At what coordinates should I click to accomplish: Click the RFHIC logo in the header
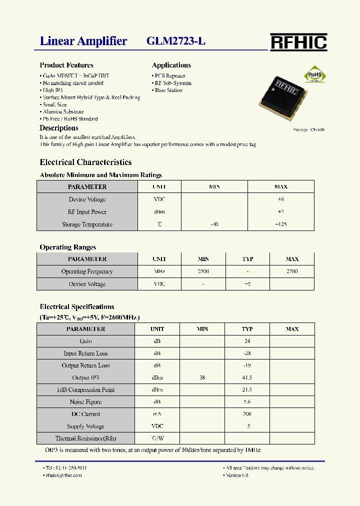pos(298,42)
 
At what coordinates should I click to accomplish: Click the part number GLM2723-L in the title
pos(176,41)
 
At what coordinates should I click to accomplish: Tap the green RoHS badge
pos(315,75)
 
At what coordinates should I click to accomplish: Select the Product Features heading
pos(66,65)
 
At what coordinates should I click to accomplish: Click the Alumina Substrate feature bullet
pos(63,112)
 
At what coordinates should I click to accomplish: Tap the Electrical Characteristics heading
pos(85,162)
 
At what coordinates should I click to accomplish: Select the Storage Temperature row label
pos(87,224)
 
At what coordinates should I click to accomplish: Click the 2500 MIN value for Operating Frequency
pos(203,271)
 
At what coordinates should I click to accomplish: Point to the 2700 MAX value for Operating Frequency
pos(292,271)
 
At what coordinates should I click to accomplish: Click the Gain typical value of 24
pos(247,341)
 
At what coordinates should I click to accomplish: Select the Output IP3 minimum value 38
pos(202,378)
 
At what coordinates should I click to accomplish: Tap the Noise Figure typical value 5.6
pos(247,402)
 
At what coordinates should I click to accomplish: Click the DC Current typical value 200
pos(247,414)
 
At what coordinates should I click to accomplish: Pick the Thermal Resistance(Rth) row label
pos(85,438)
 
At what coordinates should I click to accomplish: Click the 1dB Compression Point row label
pos(85,390)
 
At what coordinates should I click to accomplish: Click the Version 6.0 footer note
pos(237,475)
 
